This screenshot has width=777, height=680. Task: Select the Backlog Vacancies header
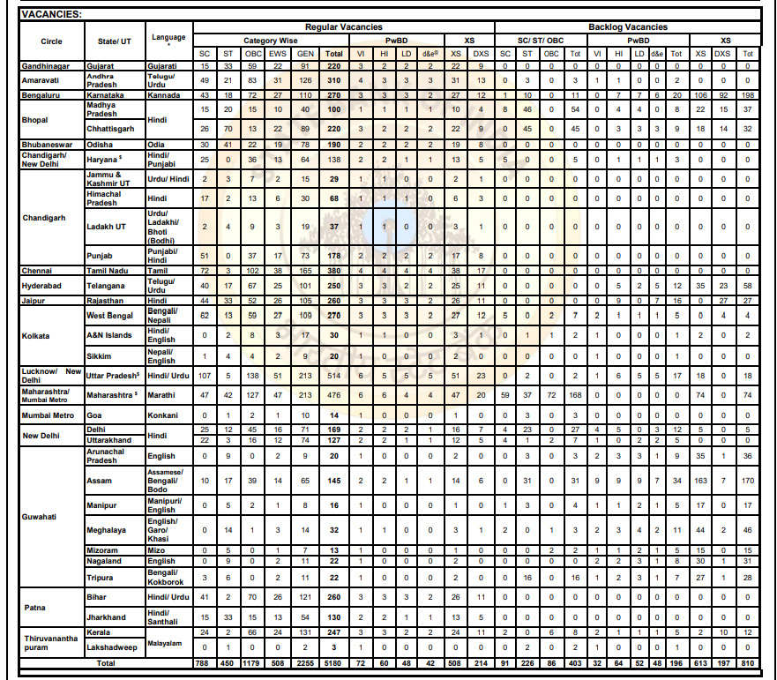628,27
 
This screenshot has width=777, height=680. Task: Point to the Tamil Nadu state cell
108,270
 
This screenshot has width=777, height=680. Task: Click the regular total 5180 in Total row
334,661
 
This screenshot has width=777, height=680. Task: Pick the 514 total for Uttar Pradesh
334,375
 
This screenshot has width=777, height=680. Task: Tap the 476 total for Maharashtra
334,394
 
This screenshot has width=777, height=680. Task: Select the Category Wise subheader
271,41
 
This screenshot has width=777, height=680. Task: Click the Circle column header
51,41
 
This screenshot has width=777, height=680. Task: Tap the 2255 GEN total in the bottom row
305,661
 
